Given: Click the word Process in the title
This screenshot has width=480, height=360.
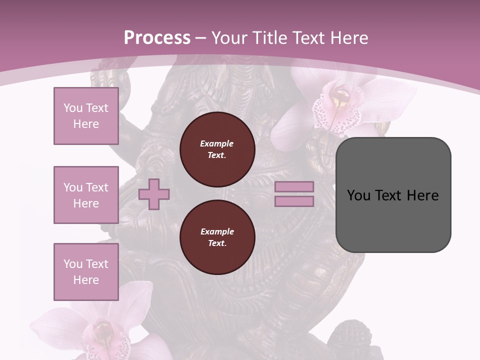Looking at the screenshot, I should (x=157, y=38).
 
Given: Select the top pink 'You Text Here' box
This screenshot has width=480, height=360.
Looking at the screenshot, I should (x=86, y=116).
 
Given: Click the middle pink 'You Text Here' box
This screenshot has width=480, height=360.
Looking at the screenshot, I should (x=86, y=195).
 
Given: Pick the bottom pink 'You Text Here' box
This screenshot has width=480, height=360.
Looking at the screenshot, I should (x=86, y=272).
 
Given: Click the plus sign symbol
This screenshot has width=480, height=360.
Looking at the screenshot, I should (x=154, y=194).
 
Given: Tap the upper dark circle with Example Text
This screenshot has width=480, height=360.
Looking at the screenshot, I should (x=217, y=149).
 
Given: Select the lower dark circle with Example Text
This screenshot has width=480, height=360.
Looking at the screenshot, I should (x=217, y=237).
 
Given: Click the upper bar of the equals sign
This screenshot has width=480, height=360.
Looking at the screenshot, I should (x=294, y=186).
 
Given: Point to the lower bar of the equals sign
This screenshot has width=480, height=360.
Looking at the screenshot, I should (x=294, y=201).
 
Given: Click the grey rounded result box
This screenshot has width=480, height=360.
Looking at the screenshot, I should (x=393, y=220).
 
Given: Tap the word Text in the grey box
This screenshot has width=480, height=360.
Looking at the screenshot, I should (x=388, y=195).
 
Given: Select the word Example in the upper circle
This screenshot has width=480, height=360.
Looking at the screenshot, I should (x=217, y=143).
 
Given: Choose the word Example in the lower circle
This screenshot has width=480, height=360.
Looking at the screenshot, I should (x=217, y=231).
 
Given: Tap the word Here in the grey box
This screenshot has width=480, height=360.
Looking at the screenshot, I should (x=423, y=195).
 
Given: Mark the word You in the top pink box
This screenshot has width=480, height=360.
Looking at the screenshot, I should (x=72, y=108).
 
